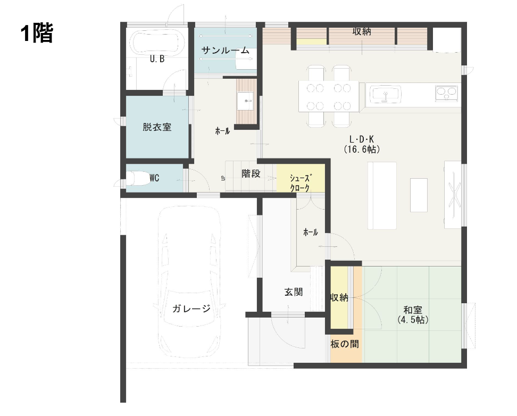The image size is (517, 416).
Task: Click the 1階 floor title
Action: pos(37,34)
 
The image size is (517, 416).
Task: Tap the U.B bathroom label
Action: pos(156,60)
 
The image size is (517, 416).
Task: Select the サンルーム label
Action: pos(225,51)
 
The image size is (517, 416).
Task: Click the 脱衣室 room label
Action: pos(157,128)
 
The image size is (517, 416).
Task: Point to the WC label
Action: pos(154,178)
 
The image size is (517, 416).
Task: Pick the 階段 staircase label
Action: pos(251,173)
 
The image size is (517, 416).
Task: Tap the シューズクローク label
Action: pos(300,182)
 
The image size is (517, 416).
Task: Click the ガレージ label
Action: pos(191,309)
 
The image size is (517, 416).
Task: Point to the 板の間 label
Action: pos(345,344)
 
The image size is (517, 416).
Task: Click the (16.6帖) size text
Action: pos(362,149)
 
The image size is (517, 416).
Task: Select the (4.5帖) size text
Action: pos(413,320)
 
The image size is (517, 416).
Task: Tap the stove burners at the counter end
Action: pos(446,93)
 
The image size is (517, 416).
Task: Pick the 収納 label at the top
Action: pos(362,32)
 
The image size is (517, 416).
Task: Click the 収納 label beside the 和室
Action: pos(339,298)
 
